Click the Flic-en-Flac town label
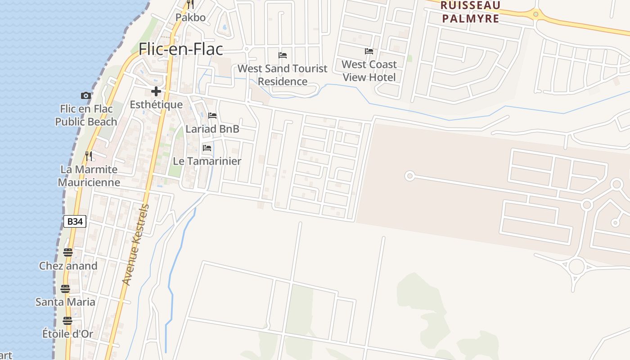point(181,49)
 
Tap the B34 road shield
point(75,221)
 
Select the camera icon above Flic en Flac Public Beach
point(85,95)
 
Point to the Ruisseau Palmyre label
point(470,12)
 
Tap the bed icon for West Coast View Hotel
point(369,51)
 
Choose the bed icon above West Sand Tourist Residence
point(283,55)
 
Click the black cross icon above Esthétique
point(156,91)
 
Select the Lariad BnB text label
point(212,129)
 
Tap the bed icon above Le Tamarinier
point(207,148)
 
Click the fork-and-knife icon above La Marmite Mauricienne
point(89,156)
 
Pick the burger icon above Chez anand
point(68,252)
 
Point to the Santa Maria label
point(65,302)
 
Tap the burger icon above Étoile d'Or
point(67,321)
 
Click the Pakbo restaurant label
point(190,18)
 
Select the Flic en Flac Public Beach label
point(86,115)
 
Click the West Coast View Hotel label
point(369,71)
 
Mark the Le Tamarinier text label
point(207,161)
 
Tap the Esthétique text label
point(156,105)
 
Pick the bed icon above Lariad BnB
point(212,116)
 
